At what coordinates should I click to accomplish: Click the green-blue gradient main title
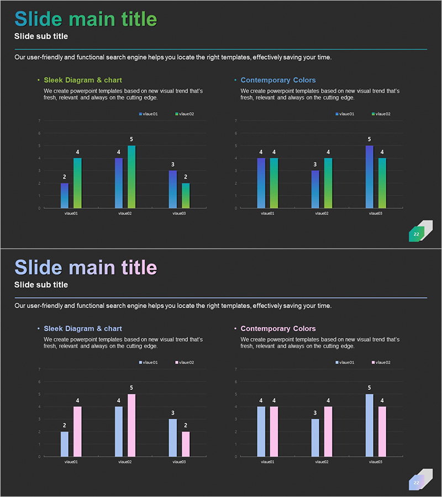coord(86,19)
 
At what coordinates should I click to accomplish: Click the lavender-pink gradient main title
coord(86,268)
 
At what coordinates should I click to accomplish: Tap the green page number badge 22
coord(417,234)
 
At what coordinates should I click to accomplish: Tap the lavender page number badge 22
coord(417,483)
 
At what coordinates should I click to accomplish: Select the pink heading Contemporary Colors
coord(278,329)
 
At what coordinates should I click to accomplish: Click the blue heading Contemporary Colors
coord(278,80)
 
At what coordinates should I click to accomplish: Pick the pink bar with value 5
coord(131,425)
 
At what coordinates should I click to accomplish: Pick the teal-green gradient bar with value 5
coord(131,176)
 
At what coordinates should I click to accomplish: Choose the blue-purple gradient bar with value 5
coord(369,176)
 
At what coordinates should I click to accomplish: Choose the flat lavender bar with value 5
coord(369,425)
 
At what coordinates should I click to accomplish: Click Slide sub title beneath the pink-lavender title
coord(41,285)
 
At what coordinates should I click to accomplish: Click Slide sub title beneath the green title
coord(41,36)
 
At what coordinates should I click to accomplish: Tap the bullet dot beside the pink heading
coord(235,329)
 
